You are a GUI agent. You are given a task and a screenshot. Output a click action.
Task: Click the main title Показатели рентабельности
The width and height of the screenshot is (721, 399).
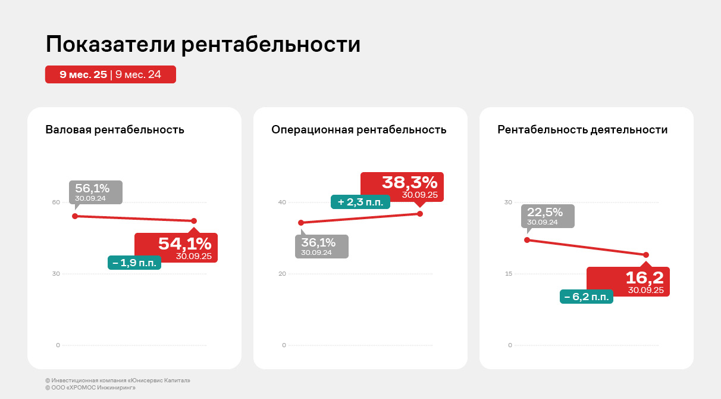click(x=203, y=45)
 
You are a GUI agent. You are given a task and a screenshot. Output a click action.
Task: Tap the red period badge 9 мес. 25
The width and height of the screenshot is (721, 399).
click(x=83, y=74)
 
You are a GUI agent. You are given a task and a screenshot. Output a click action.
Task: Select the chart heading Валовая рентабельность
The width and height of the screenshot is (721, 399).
click(x=115, y=130)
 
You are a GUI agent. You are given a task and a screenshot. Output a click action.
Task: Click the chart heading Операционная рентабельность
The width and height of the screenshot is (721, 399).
click(x=359, y=130)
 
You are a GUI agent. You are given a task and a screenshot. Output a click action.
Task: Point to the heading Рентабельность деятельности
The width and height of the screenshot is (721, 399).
click(x=582, y=130)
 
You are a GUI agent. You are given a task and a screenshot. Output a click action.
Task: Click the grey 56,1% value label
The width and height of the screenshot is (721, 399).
click(x=95, y=192)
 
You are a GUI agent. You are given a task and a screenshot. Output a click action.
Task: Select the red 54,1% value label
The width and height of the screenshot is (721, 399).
click(x=176, y=247)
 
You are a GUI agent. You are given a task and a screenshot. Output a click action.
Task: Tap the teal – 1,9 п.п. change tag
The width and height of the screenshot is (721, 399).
click(x=134, y=263)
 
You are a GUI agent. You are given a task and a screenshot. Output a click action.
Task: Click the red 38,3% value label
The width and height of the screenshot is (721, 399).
click(x=402, y=187)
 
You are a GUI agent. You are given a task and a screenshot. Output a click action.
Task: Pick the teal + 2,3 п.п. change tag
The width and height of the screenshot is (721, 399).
click(x=360, y=202)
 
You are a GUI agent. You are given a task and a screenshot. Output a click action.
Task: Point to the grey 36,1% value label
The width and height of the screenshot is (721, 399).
click(x=321, y=246)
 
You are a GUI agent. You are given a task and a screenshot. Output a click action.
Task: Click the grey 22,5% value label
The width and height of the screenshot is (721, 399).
click(x=548, y=216)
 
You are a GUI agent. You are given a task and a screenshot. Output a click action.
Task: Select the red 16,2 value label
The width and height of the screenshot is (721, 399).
click(x=628, y=281)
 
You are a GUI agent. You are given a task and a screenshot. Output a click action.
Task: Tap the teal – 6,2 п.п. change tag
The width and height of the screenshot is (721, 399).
click(x=587, y=297)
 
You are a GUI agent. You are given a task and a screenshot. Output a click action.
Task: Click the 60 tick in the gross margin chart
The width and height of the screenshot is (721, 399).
click(x=56, y=202)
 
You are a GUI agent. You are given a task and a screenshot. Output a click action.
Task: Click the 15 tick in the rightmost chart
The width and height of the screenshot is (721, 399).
click(x=508, y=274)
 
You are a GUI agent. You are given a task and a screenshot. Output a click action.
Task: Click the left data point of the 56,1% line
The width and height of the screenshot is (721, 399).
click(x=75, y=216)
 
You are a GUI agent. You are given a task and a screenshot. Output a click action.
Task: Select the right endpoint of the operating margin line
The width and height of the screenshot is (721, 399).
click(x=420, y=213)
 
